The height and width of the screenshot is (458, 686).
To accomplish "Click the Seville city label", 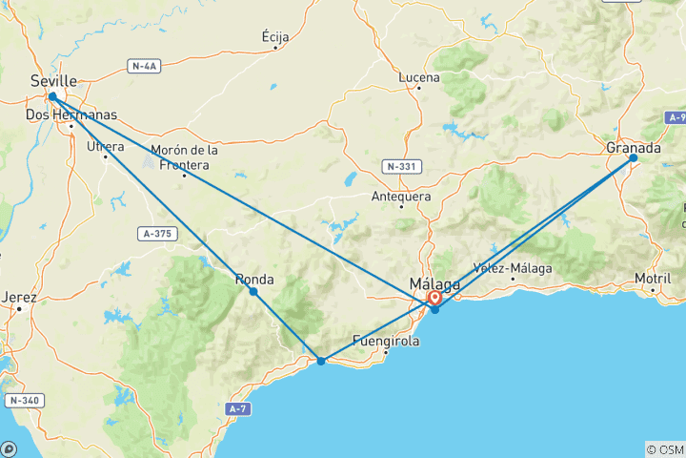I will pos(52,81).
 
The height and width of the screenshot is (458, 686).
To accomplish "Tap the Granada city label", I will pos(633,148).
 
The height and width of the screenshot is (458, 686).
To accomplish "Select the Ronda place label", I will pos(254,280).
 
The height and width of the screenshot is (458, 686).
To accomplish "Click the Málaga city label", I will pos(434,283).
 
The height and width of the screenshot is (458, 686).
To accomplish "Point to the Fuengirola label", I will pos(386,340).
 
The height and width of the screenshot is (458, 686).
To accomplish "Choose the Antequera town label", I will pos(400,198).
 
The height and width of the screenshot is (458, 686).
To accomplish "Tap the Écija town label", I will pos(275,36).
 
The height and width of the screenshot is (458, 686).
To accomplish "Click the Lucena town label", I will pos(420,77).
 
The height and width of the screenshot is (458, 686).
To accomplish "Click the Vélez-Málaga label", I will pos(512,268).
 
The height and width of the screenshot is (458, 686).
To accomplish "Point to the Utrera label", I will pos(105,146).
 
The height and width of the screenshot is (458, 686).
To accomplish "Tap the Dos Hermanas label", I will pos(71,114).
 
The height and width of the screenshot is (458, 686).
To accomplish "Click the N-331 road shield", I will pos(401,166).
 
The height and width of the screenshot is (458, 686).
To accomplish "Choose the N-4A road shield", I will pos(146,66).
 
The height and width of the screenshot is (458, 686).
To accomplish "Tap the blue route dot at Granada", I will pos(633,158).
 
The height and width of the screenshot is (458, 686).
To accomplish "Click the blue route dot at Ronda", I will pos(252,291).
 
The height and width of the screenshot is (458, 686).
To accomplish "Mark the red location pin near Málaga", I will pos(434,298).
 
